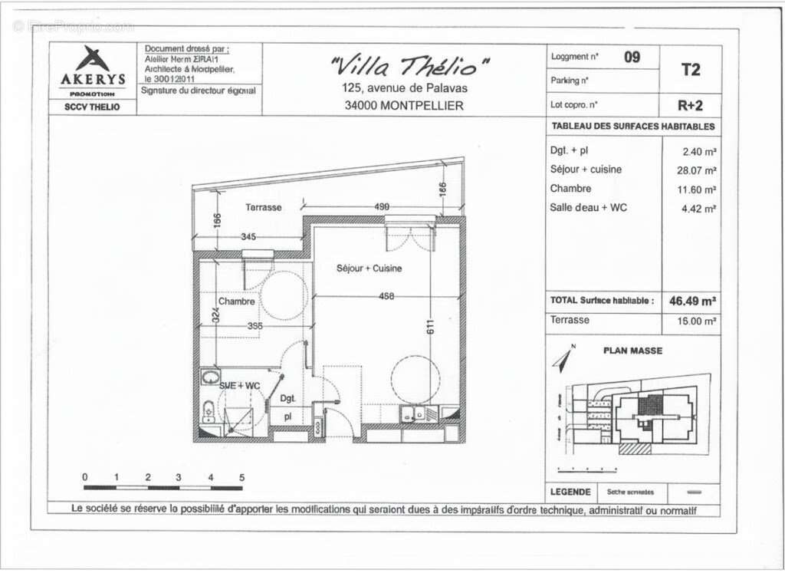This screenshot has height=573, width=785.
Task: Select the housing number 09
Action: pos(632,57)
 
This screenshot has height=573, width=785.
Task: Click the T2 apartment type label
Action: pos(691,69)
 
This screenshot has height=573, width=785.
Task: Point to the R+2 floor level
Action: pos(691,104)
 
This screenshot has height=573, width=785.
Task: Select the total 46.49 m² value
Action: pos(691,301)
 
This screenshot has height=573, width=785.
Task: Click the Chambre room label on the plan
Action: pos(236,301)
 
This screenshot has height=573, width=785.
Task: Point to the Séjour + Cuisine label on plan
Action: pos(369,268)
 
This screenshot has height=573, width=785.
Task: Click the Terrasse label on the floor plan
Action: pos(263,207)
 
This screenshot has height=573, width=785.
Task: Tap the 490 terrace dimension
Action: pos(382,206)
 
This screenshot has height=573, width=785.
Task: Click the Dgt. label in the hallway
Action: pos(287,399)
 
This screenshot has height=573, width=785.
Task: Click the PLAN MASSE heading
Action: pos(632,351)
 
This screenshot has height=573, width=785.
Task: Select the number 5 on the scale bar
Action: pos(241,477)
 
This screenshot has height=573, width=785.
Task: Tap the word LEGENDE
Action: pos(570,492)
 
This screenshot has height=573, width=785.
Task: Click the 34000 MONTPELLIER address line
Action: pos(404,106)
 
